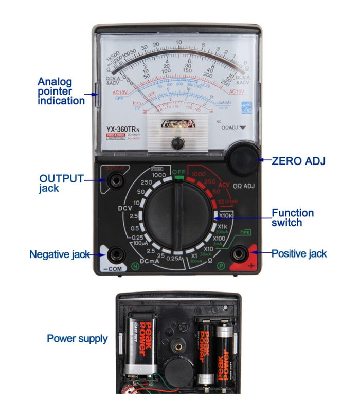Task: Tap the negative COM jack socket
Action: coord(114,253)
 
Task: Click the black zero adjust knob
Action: coord(241,160)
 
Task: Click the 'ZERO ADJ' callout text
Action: coord(298,161)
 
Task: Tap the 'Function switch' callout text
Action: coord(293,217)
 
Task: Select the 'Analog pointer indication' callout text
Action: coord(61,91)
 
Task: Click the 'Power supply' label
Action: coord(77,338)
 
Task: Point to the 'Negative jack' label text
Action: coord(59,254)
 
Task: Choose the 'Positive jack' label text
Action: coord(299,253)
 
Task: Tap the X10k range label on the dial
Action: coord(225,216)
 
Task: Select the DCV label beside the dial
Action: coord(125,208)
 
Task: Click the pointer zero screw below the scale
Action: coord(178,143)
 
